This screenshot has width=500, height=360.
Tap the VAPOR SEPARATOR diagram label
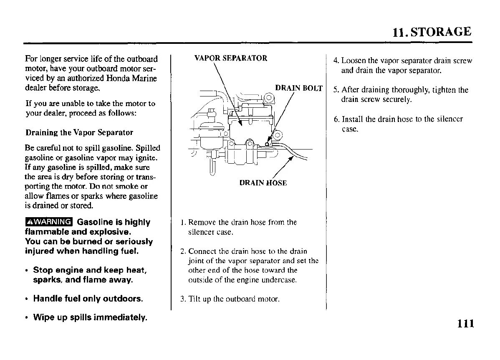231,58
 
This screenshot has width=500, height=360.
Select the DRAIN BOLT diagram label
299,88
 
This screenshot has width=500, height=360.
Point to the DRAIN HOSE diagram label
263,183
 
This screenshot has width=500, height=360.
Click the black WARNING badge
48,222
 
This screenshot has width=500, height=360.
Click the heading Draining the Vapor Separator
79,132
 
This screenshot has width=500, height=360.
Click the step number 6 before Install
336,119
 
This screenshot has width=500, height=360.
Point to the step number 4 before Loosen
336,61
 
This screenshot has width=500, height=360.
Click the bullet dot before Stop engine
27,270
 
